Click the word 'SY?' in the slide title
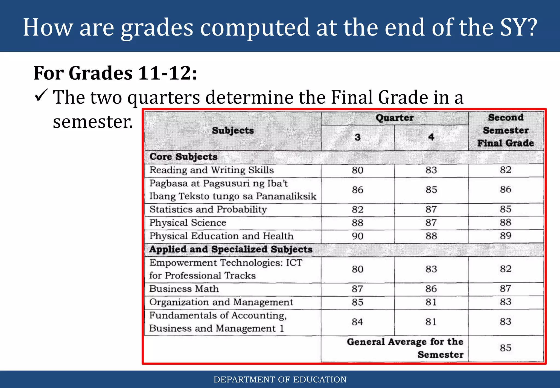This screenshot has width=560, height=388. tap(518, 27)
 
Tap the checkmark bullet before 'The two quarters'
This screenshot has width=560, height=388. tap(41, 96)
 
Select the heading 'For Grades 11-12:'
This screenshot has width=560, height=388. tap(115, 73)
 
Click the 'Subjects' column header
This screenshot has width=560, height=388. tap(233, 131)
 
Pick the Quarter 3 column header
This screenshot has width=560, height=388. tap(357, 137)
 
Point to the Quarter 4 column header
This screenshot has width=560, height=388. tap(431, 137)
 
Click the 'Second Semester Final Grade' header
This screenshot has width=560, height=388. tap(506, 130)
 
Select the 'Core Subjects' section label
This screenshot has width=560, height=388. tap(183, 157)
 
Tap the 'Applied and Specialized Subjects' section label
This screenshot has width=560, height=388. tap(231, 249)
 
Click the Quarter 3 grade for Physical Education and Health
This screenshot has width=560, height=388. tap(357, 236)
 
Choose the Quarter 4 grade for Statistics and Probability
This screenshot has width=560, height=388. tap(431, 209)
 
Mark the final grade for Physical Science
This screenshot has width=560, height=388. tap(505, 222)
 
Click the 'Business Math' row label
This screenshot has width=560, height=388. tap(184, 289)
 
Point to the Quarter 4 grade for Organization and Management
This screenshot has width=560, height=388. tap(431, 302)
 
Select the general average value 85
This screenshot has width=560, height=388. tap(505, 348)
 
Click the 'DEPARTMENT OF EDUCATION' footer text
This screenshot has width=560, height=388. tap(280, 380)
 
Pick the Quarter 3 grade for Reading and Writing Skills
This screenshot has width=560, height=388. tap(357, 170)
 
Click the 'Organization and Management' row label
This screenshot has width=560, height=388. tap(221, 302)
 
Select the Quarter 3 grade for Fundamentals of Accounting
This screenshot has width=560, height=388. tap(357, 322)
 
